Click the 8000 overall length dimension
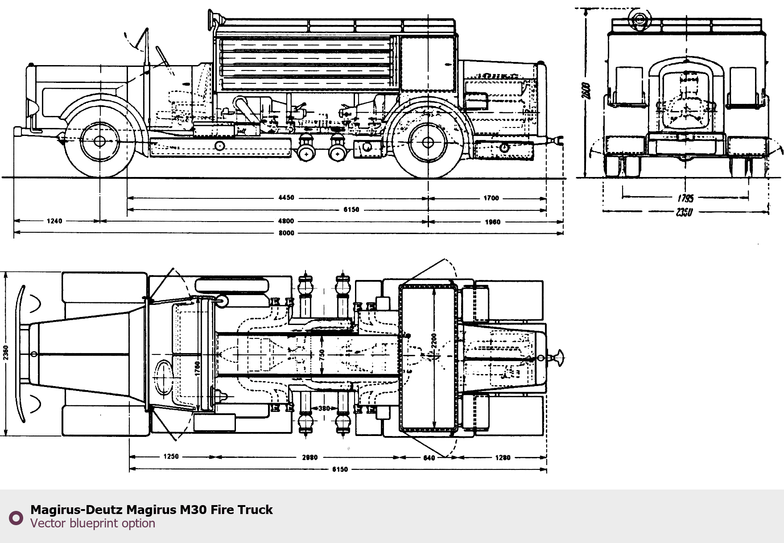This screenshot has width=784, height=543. click(286, 233)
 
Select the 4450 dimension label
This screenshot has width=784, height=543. click(286, 198)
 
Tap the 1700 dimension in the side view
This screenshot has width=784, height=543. click(491, 198)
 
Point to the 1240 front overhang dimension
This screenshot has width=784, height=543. click(54, 221)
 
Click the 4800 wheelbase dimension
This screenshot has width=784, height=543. click(286, 221)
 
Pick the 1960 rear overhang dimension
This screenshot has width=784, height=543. click(492, 222)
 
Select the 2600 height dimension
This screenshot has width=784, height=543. click(586, 91)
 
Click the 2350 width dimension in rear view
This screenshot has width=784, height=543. click(684, 212)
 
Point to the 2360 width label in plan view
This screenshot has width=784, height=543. click(6, 353)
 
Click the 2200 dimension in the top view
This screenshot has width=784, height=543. click(434, 341)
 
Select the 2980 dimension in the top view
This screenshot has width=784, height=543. click(309, 457)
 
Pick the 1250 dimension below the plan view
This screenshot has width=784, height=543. click(171, 457)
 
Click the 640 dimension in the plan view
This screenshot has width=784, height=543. click(429, 458)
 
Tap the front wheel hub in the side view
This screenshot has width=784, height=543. click(100, 142)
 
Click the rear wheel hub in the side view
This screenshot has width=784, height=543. click(428, 143)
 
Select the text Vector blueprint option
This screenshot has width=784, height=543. click(93, 523)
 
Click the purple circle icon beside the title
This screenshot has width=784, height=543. click(16, 518)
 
